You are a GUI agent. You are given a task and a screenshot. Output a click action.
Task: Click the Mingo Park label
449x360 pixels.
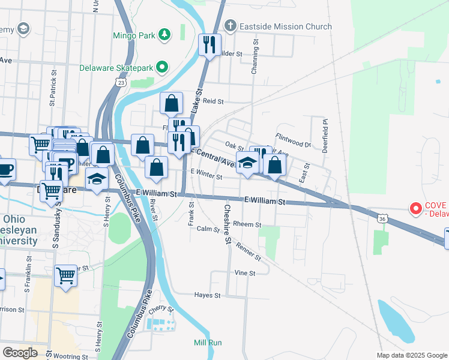pos(134,35)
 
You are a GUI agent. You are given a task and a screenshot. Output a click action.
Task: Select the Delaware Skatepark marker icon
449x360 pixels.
pos(161,68)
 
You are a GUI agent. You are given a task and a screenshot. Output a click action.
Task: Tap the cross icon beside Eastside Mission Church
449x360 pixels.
pos(229,26)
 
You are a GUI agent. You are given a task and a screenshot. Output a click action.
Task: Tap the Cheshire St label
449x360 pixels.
pos(228,224)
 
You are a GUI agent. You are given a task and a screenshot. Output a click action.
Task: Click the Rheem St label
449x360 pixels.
pos(247,224)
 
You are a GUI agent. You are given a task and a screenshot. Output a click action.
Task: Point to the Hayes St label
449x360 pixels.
pos(208,295)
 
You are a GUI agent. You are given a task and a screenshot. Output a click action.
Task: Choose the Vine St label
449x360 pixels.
pos(244,273)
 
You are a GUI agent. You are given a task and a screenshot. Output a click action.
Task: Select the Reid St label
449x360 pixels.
pos(212,101)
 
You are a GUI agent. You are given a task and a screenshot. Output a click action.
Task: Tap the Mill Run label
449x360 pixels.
pos(208,343)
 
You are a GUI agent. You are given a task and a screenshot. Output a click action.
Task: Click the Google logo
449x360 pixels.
pos(20,353)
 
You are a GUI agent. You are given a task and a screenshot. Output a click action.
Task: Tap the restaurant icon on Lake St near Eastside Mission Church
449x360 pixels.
pos(209,45)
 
